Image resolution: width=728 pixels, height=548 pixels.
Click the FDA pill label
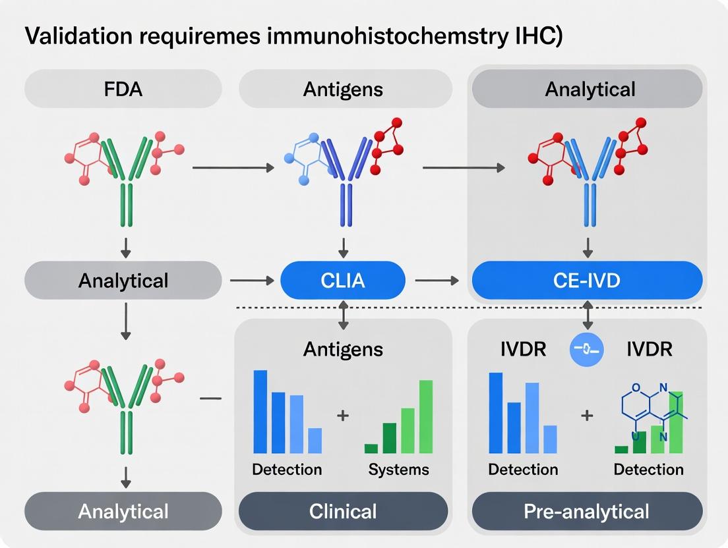(123, 89)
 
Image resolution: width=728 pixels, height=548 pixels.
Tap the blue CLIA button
(343, 281)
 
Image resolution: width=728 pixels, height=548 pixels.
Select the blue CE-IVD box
(588, 281)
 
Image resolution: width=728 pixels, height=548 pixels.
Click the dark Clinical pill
(343, 511)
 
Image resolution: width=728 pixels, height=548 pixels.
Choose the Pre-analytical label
(588, 511)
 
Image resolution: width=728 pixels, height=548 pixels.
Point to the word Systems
(398, 470)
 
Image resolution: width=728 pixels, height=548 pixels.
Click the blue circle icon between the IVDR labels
(586, 349)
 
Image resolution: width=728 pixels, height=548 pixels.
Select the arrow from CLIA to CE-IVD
(437, 281)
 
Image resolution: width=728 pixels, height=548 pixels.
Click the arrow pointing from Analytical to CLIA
(251, 281)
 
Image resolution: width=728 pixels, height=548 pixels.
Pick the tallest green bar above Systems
(426, 416)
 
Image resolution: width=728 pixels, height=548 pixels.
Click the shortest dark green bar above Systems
(371, 449)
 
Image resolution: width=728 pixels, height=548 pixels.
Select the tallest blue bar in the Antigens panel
(260, 412)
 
